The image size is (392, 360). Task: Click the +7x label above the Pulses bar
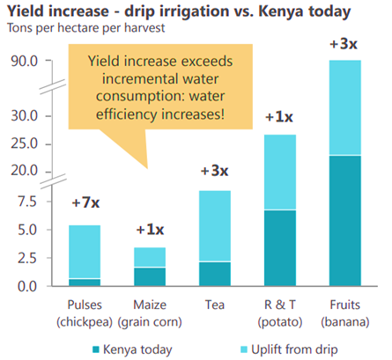pyautogui.click(x=85, y=202)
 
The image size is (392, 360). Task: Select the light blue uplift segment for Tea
pyautogui.click(x=215, y=226)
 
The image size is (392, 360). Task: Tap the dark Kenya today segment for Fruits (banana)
pyautogui.click(x=345, y=221)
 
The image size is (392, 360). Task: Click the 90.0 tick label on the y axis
pyautogui.click(x=25, y=61)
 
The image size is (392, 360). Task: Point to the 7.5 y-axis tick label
pyautogui.click(x=27, y=202)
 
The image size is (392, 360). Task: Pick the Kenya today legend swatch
pyautogui.click(x=96, y=349)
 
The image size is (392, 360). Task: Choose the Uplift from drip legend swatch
pyautogui.click(x=244, y=349)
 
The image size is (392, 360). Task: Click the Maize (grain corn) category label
pyautogui.click(x=150, y=313)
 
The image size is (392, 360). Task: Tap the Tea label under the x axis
pyautogui.click(x=215, y=305)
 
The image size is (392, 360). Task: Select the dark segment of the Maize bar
pyautogui.click(x=150, y=276)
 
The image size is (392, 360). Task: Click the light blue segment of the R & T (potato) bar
pyautogui.click(x=280, y=173)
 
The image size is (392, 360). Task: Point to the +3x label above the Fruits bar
pyautogui.click(x=344, y=44)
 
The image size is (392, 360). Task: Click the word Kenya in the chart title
pyautogui.click(x=281, y=11)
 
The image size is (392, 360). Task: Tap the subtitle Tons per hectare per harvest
pyautogui.click(x=85, y=28)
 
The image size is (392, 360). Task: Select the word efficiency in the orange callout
pyautogui.click(x=127, y=114)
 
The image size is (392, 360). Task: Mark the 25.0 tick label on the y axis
pyautogui.click(x=25, y=143)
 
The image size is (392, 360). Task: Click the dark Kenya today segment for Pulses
pyautogui.click(x=85, y=283)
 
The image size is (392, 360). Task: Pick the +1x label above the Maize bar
pyautogui.click(x=150, y=229)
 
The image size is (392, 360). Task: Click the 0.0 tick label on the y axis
pyautogui.click(x=27, y=286)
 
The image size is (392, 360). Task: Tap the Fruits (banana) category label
pyautogui.click(x=345, y=313)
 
